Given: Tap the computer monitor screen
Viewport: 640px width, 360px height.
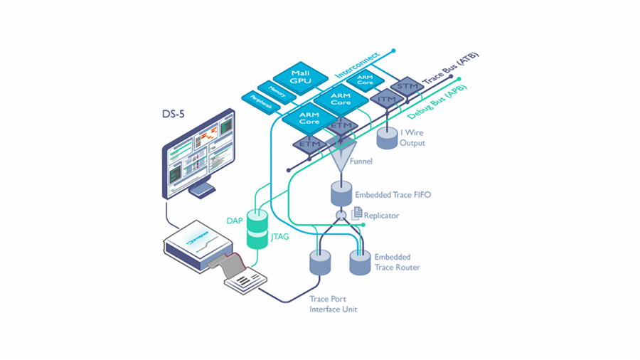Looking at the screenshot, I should (198, 152).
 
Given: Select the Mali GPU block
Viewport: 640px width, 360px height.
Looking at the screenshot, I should (299, 76).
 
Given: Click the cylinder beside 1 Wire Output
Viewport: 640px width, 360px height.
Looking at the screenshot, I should (387, 137).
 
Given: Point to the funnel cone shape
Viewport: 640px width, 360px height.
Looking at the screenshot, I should (342, 154).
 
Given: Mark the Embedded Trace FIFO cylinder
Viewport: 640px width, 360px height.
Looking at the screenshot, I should (342, 194).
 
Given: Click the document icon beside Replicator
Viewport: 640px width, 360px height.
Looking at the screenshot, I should (357, 213).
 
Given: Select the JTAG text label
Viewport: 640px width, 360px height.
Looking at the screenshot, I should (280, 237).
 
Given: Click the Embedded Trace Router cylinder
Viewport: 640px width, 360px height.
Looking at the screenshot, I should (360, 263).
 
